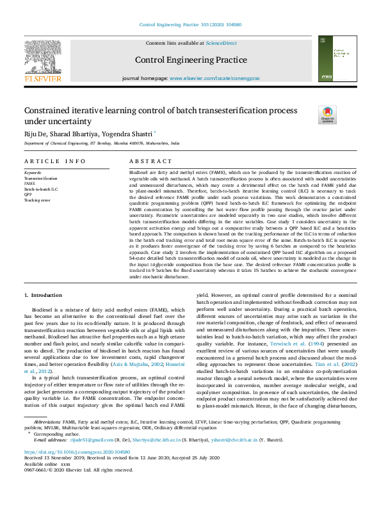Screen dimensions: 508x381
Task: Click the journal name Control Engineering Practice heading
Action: (190, 60)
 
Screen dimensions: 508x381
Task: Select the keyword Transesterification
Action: (40, 179)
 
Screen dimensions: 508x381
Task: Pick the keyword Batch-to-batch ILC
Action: (41, 189)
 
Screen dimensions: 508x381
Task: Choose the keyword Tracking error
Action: (37, 200)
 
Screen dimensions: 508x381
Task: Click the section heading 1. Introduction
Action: (44, 296)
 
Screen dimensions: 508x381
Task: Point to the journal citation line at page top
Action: (190, 26)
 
